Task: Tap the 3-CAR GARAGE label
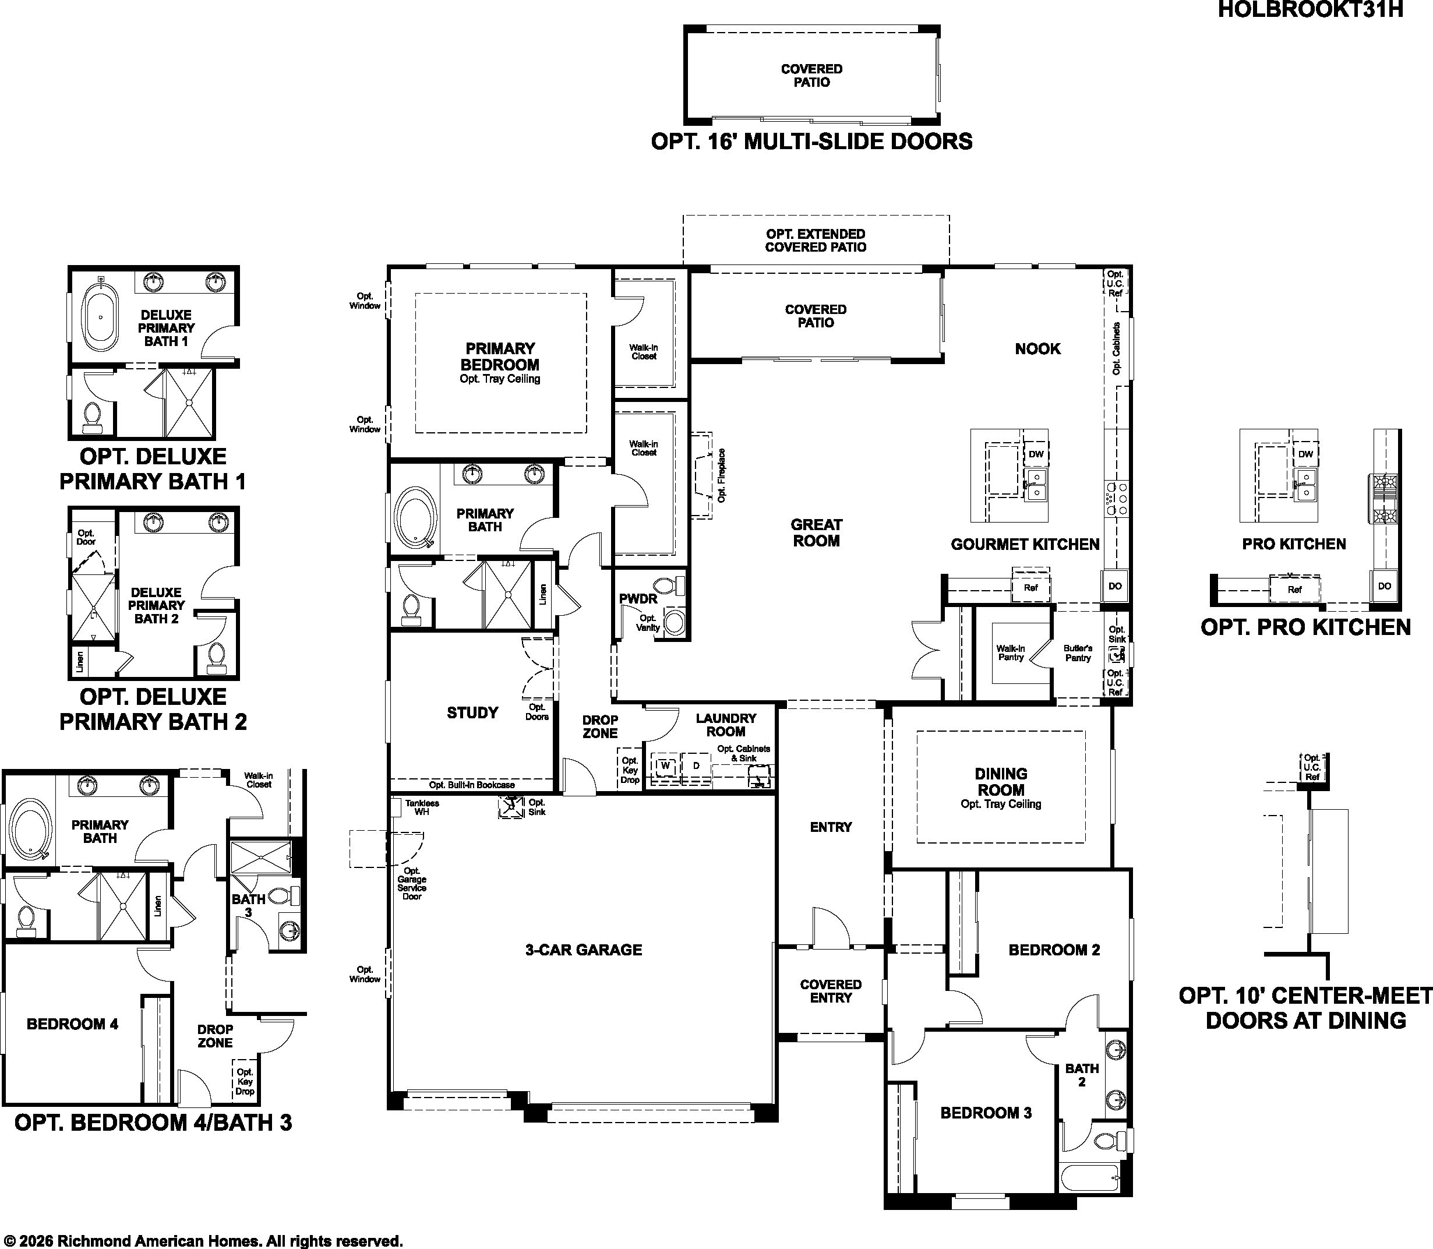tap(583, 950)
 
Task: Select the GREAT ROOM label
tap(816, 532)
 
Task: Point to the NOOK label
tap(1037, 348)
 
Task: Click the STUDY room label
tap(472, 712)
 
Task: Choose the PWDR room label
tap(638, 599)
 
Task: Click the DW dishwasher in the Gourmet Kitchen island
tap(1036, 454)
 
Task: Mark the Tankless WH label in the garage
tap(422, 807)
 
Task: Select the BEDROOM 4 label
tap(72, 1024)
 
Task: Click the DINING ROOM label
tap(1001, 781)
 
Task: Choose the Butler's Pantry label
tap(1078, 653)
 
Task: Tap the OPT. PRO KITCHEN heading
tap(1305, 627)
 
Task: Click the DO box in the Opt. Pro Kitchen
tap(1384, 585)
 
